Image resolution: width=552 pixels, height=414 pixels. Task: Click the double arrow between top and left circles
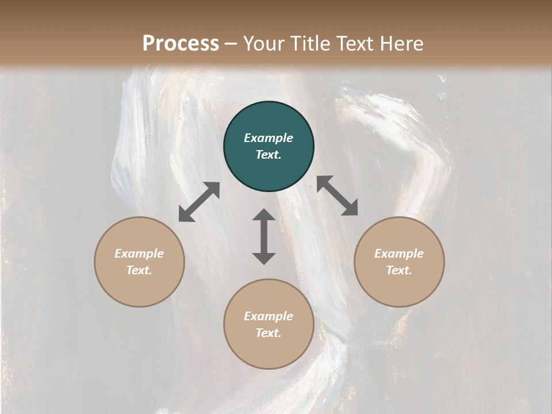click(x=199, y=202)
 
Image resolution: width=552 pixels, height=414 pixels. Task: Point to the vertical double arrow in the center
click(x=264, y=236)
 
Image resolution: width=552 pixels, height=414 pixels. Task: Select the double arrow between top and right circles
click(x=337, y=195)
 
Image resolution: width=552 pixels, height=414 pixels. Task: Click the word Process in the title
click(x=181, y=43)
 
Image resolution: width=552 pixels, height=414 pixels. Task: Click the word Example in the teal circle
click(x=269, y=138)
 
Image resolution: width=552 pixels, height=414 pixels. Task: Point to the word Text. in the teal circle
click(x=269, y=155)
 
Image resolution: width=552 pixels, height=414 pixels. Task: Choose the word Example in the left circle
click(x=139, y=254)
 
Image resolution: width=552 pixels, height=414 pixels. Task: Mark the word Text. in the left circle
click(x=139, y=270)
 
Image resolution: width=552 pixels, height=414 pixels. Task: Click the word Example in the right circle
click(x=399, y=254)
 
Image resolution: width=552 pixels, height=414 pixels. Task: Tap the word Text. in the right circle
click(x=399, y=270)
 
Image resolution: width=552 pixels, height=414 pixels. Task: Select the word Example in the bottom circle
click(x=269, y=316)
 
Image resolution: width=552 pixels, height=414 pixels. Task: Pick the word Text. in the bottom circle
click(x=269, y=333)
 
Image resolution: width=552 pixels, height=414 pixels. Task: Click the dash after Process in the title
click(x=231, y=44)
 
